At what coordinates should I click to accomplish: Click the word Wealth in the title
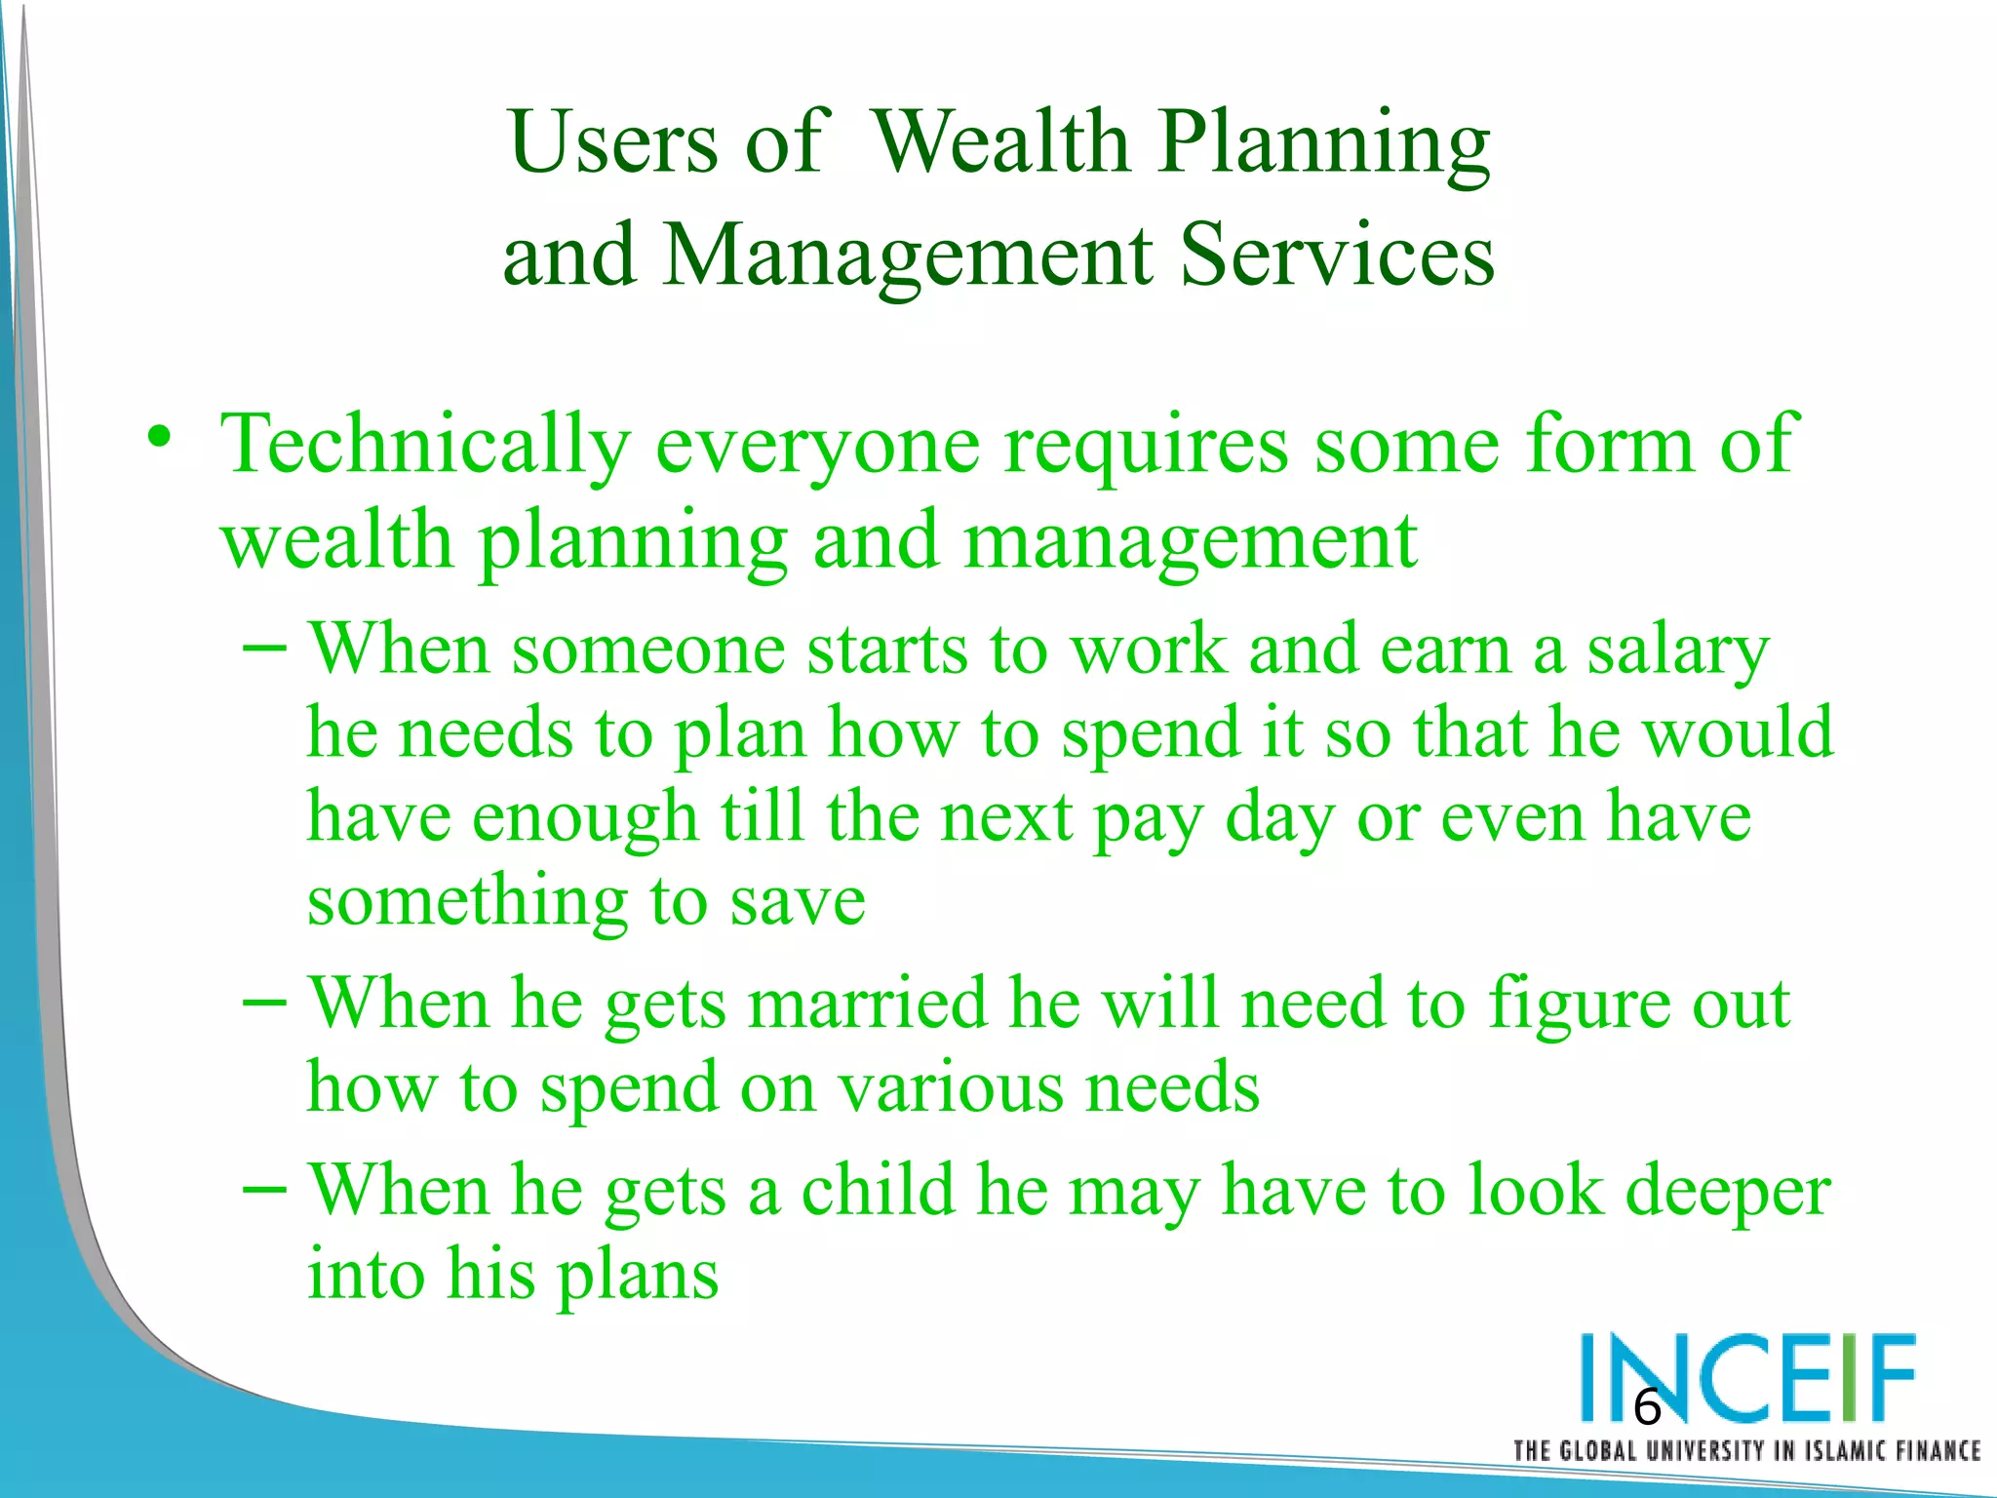click(x=998, y=142)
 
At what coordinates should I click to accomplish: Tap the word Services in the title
click(x=1337, y=256)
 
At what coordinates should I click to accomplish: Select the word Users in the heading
click(x=613, y=142)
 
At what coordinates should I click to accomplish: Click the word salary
click(x=1677, y=651)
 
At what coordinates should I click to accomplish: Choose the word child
click(x=878, y=1191)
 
